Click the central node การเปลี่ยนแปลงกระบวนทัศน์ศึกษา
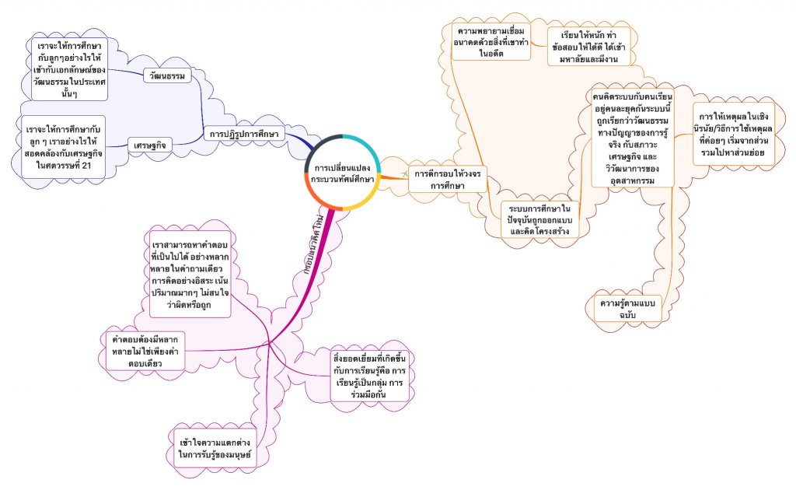pyautogui.click(x=343, y=173)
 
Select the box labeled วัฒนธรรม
pyautogui.click(x=167, y=75)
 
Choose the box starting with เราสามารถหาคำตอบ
pyautogui.click(x=191, y=273)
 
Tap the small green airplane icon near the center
pyautogui.click(x=404, y=171)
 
